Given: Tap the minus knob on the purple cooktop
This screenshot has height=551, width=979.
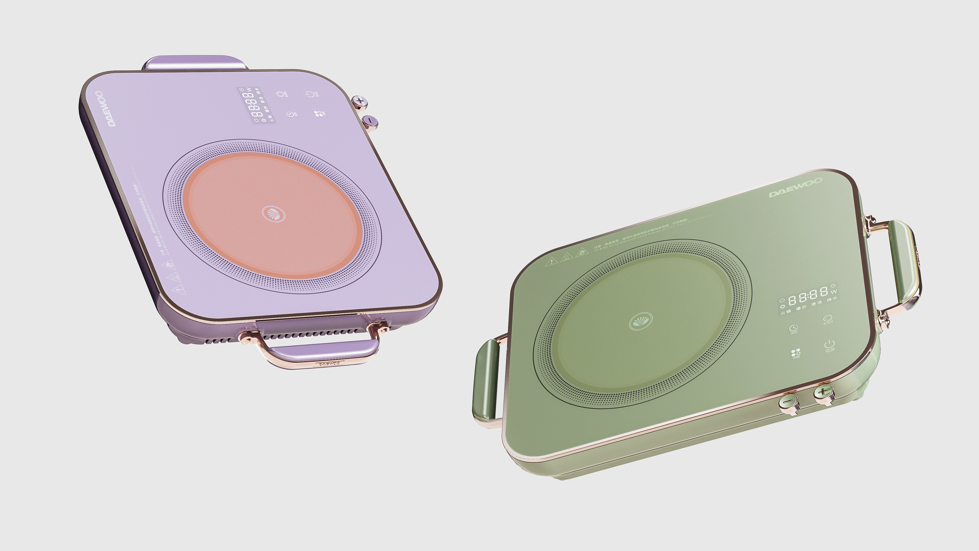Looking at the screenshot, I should [370, 121].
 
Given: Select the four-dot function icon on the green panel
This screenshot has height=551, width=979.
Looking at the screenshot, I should [795, 353].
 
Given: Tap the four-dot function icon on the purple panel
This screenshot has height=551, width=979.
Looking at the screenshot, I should [318, 113].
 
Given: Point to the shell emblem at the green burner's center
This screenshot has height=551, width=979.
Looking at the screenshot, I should [640, 322].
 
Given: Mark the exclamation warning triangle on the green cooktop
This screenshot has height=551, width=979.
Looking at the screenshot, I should [551, 261].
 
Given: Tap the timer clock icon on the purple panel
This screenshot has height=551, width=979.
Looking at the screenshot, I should [291, 114].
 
